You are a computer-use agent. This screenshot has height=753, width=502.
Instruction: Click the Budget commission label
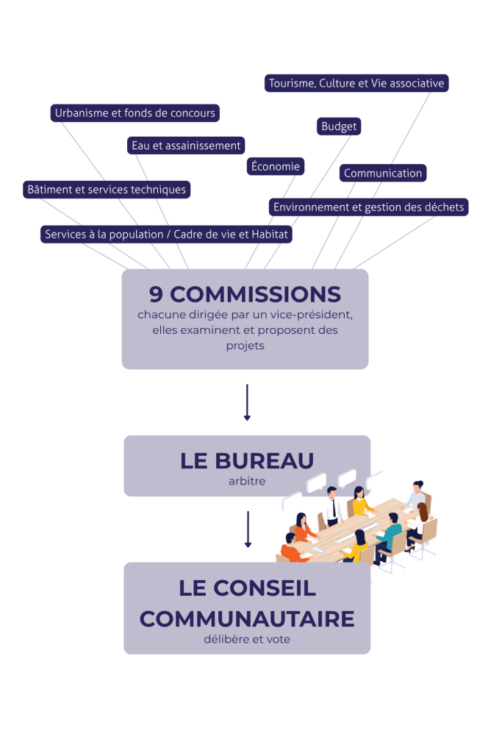[339, 126]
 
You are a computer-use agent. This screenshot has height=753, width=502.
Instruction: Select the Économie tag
[276, 166]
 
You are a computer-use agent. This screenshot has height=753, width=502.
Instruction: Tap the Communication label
[383, 173]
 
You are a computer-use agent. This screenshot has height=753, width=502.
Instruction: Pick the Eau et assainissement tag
[186, 146]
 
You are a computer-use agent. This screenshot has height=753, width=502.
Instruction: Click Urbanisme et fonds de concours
[135, 113]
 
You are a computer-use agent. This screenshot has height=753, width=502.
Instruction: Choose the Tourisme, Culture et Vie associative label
[356, 83]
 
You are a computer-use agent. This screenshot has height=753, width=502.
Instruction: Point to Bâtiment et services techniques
[107, 190]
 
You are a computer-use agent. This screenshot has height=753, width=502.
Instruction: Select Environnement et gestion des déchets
[368, 207]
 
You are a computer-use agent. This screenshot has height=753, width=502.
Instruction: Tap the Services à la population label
[166, 235]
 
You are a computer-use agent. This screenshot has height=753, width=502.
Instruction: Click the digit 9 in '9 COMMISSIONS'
[156, 294]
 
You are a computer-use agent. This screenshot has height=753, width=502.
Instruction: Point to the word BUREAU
[264, 461]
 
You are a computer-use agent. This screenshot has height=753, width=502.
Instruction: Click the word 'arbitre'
[247, 481]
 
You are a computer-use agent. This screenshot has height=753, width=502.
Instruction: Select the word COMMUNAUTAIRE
[247, 619]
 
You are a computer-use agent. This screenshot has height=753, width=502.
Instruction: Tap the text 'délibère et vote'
[247, 639]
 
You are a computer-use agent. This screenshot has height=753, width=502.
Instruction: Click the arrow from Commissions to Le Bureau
[247, 402]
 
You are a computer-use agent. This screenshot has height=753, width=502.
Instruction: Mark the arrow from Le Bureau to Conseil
[248, 529]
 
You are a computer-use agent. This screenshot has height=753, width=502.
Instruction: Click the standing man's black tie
[334, 507]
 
